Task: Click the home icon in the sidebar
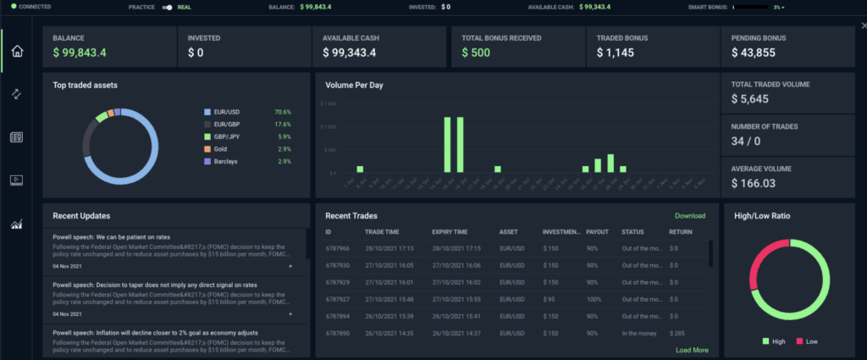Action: [x=16, y=51]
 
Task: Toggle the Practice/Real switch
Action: [x=168, y=7]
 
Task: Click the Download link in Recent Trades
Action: [x=689, y=216]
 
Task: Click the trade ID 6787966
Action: [x=338, y=248]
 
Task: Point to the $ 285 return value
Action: [x=676, y=334]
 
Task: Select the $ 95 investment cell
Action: [x=549, y=298]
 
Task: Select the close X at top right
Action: [x=863, y=25]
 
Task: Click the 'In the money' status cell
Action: [x=640, y=334]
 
